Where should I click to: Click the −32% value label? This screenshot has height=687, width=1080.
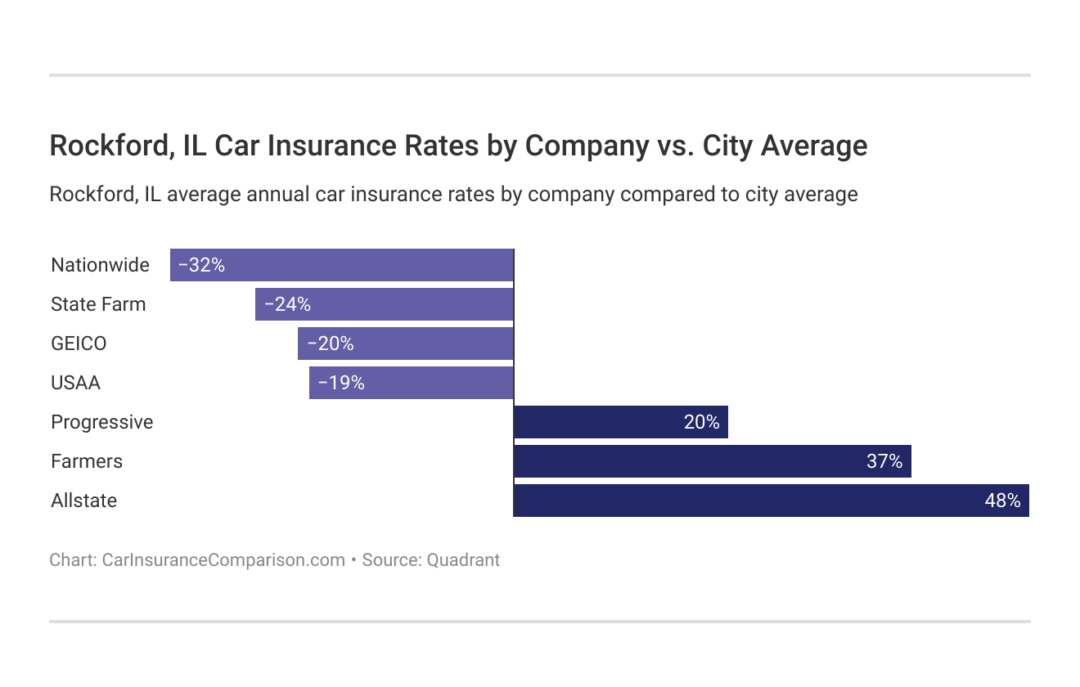pyautogui.click(x=201, y=265)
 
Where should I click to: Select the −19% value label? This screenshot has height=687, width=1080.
pyautogui.click(x=341, y=383)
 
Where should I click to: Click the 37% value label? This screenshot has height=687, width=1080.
pyautogui.click(x=884, y=461)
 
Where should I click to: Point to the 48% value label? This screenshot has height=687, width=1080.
pyautogui.click(x=1002, y=501)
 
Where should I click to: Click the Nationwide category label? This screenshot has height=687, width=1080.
pyautogui.click(x=100, y=265)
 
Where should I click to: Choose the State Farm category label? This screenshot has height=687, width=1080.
pyautogui.click(x=98, y=304)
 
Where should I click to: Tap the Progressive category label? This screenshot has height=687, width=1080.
pyautogui.click(x=101, y=422)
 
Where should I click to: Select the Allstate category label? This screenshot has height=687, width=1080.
pyautogui.click(x=83, y=501)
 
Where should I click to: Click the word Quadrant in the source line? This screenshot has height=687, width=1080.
pyautogui.click(x=463, y=560)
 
